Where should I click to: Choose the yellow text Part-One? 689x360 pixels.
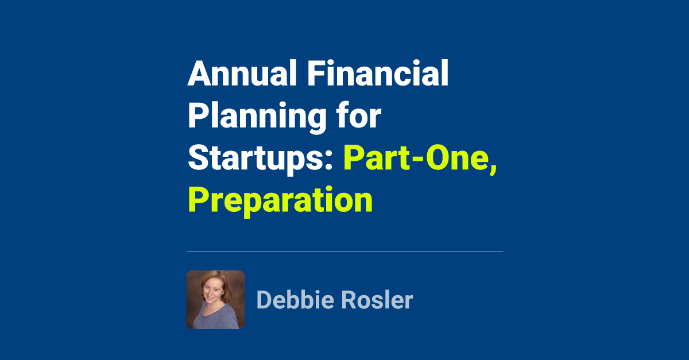(x=420, y=158)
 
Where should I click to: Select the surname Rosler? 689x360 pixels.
(x=376, y=300)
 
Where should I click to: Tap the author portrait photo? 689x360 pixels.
(x=215, y=300)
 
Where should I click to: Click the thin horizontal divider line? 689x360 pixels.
(x=344, y=251)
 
